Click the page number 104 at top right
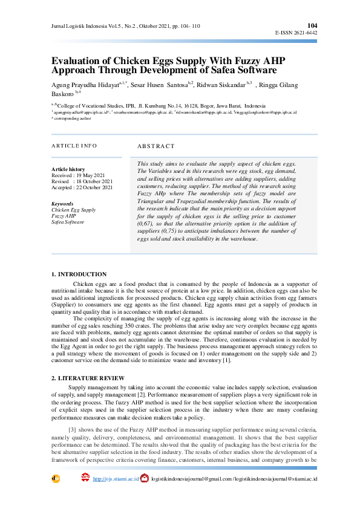312,25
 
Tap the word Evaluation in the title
77,61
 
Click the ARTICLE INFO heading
74,146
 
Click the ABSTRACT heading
155,146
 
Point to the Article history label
68,169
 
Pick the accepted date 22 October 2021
96,187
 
